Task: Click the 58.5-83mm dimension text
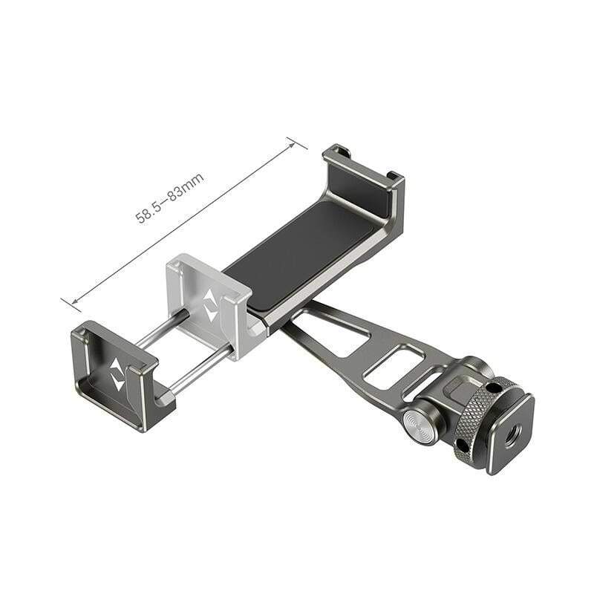(x=169, y=198)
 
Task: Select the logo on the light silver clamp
(x=211, y=306)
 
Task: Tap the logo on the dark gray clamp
(x=117, y=375)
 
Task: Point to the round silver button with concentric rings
(x=417, y=425)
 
